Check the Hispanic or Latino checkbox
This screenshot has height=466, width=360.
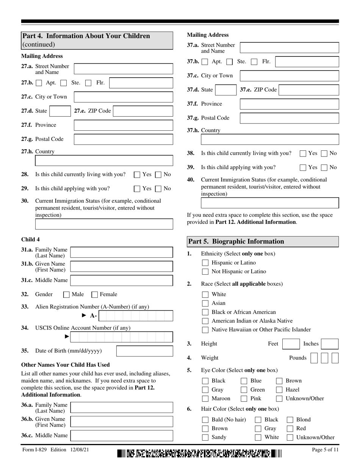205,263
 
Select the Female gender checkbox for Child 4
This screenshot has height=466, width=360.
95,294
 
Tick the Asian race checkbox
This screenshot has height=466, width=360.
205,303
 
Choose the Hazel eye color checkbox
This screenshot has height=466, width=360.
279,389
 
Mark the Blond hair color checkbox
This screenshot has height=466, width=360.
290,419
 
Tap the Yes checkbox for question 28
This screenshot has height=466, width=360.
137,175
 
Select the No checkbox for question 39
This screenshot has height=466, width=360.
324,167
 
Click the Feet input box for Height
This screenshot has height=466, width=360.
291,344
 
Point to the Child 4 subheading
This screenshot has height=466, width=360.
30,239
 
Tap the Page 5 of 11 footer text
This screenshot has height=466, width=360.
325,450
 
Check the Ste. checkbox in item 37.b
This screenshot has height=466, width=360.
229,62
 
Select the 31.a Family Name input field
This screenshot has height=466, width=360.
122,252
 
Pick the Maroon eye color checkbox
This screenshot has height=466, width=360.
205,399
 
